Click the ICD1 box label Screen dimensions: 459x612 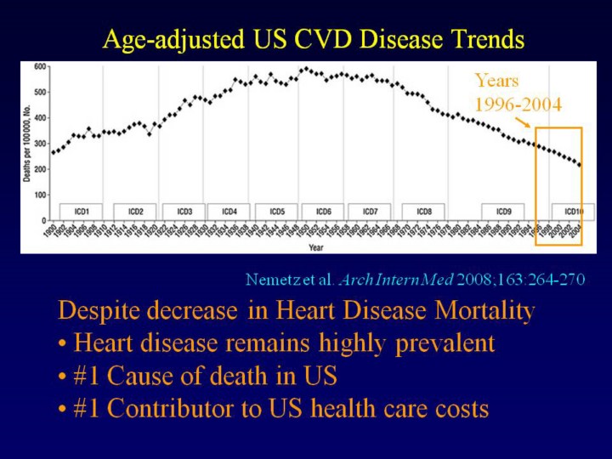(82, 211)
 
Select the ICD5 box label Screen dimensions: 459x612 (276, 211)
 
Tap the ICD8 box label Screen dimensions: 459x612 (424, 211)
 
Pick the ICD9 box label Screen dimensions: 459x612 (503, 211)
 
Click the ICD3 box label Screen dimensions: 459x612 (184, 211)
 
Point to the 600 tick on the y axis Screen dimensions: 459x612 (40, 66)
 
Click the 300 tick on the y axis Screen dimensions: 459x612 (40, 144)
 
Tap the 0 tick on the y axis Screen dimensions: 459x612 (44, 220)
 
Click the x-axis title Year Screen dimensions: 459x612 (315, 248)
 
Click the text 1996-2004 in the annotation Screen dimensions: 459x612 (518, 105)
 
